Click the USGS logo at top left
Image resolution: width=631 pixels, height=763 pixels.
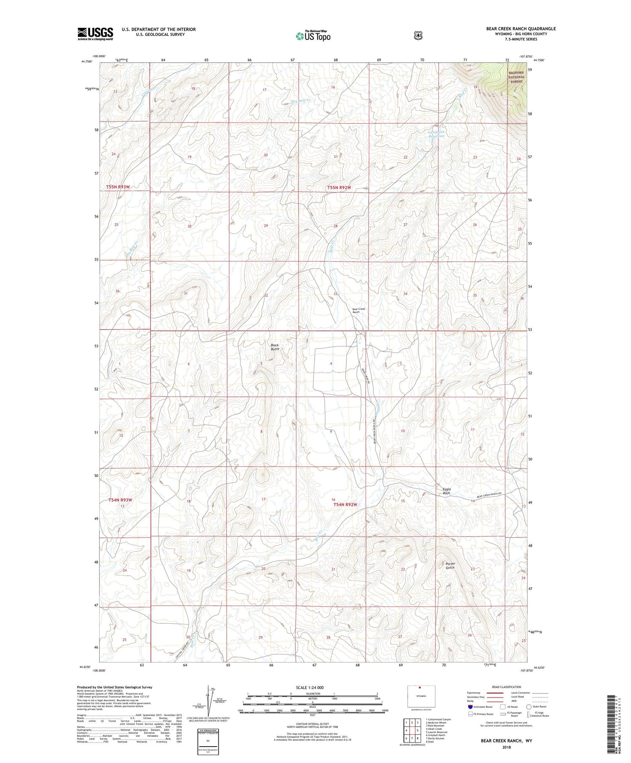click(95, 34)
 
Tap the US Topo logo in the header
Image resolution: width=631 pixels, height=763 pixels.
click(313, 36)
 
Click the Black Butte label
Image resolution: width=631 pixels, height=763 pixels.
click(275, 347)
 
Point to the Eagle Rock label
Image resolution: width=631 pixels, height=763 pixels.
click(446, 491)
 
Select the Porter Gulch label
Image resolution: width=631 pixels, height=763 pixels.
click(450, 565)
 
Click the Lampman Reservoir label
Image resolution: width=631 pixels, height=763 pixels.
click(436, 134)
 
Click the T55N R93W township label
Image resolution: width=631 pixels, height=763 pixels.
click(118, 186)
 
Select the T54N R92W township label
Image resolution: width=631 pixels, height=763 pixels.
click(345, 504)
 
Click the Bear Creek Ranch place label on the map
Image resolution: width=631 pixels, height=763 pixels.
click(359, 310)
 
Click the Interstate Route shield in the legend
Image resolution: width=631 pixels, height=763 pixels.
click(470, 707)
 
